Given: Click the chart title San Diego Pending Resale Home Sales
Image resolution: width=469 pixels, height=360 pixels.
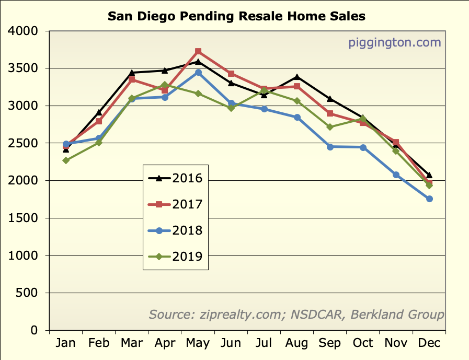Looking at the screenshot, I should pos(236,16).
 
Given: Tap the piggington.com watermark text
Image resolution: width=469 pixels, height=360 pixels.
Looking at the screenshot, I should pos(395,42).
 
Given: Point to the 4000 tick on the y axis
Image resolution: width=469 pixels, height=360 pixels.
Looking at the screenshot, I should pos(24,31).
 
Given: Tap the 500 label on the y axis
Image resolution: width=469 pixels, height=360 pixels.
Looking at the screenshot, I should pos(27,293).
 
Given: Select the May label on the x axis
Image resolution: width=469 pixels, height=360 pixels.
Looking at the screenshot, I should pos(198,343).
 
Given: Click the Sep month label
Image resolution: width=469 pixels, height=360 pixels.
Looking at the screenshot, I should pos(330,343).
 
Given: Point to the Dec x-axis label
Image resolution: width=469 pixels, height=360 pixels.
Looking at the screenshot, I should pos(429,343).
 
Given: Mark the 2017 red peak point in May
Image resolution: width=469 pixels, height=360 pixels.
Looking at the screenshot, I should pos(198,52).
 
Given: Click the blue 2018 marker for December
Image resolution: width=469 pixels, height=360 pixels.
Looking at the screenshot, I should pos(429,199).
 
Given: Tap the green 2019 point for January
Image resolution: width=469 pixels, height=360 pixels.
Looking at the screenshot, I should pos(66,160).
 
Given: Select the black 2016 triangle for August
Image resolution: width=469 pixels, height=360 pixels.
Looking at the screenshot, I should pos(297,77).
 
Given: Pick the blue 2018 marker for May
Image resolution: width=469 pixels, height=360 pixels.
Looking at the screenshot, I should pos(198,73).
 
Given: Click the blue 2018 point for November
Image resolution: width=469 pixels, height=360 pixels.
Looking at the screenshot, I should pos(396,175).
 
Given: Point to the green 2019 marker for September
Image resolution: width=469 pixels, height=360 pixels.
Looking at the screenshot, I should pos(330,127).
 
